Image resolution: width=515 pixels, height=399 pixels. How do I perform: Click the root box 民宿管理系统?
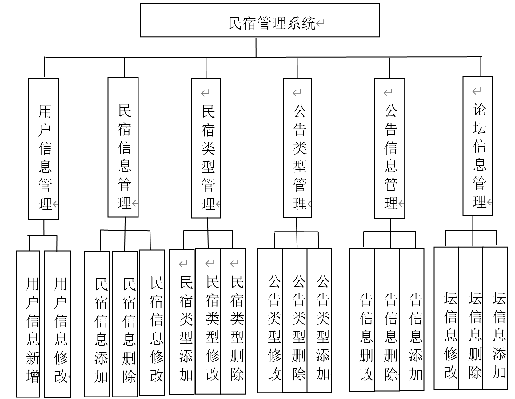coord(260,20)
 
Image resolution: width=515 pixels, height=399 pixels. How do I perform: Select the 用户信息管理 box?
coord(44,149)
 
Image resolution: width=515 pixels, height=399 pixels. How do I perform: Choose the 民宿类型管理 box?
coord(206,148)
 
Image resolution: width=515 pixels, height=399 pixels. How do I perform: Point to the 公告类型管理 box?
coord(297,148)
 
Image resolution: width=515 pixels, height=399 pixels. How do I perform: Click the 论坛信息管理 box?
coord(478,146)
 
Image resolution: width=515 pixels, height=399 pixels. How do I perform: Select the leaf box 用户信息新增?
coord(28,323)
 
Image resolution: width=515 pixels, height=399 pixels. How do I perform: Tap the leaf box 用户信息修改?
coord(58,323)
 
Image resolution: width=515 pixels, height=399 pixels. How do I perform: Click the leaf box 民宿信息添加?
coord(97,323)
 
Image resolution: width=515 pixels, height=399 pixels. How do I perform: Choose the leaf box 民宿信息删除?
coord(125,323)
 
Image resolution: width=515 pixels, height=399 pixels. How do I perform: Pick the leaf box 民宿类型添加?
coord(182,321)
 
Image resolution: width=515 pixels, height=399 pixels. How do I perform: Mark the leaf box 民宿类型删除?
coord(233,321)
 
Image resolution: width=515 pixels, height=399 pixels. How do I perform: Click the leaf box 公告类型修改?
coord(270,320)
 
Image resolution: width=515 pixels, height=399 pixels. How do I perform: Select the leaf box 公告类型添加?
coord(319,320)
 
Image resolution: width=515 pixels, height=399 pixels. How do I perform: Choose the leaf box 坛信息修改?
coord(446,318)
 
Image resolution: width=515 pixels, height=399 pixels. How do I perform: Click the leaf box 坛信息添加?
coord(495,318)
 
